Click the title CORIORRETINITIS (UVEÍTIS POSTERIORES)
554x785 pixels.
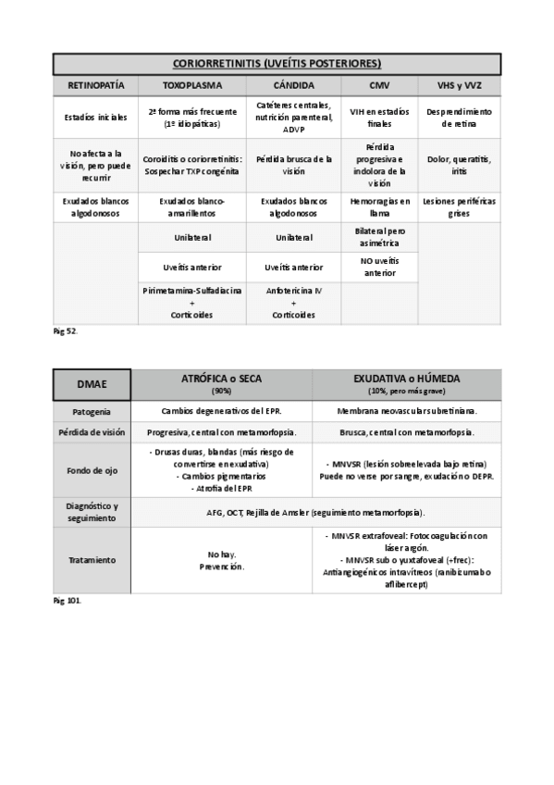point(277,63)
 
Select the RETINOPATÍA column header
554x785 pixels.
point(95,85)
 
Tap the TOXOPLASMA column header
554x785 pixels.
point(192,85)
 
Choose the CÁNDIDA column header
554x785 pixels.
point(293,85)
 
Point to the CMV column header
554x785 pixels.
point(379,85)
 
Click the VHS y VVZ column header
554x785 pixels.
point(459,85)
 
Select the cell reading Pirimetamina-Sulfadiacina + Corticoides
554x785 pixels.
point(192,303)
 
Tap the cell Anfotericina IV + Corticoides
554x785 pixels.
point(293,303)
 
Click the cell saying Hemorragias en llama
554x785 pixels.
point(379,206)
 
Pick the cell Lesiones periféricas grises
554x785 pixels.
point(459,206)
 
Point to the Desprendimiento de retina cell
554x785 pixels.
point(459,117)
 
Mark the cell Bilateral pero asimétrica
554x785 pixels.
point(379,236)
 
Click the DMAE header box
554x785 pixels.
point(92,384)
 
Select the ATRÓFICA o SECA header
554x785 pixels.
point(221,384)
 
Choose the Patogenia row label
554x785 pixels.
point(92,410)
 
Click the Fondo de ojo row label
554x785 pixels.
point(92,469)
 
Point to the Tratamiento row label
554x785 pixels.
point(92,560)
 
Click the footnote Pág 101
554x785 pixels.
point(67,601)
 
